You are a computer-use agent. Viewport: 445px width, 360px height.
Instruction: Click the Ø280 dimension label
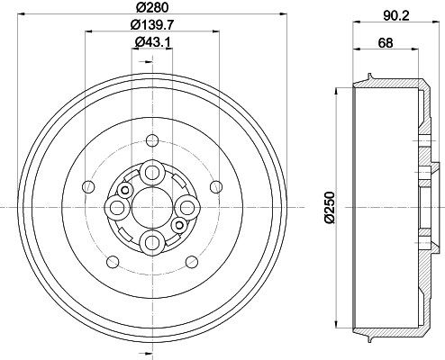[x=152, y=7]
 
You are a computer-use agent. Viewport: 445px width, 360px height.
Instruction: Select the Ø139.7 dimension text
[x=152, y=25]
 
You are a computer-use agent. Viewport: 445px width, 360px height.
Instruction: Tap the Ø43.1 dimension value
[x=152, y=42]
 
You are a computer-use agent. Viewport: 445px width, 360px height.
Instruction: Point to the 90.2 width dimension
[x=396, y=15]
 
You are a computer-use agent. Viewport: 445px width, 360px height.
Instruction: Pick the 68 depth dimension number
[x=386, y=42]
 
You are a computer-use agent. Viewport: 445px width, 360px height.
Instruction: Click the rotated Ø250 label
[x=330, y=208]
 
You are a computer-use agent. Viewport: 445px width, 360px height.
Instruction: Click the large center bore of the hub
[x=152, y=208]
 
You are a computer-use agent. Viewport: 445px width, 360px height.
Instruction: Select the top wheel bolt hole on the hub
[x=152, y=173]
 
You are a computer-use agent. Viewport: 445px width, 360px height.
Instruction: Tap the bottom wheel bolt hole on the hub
[x=152, y=242]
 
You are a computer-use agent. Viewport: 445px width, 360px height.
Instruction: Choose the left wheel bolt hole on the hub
[x=117, y=208]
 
